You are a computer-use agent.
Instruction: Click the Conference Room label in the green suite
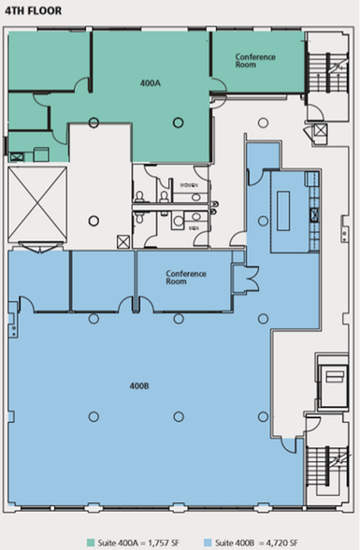[x=254, y=62]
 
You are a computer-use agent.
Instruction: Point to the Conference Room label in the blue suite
[x=185, y=278]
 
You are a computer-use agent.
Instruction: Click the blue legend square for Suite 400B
[x=209, y=540]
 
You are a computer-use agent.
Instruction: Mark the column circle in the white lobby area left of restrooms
[x=94, y=221]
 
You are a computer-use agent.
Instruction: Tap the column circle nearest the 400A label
[x=177, y=120]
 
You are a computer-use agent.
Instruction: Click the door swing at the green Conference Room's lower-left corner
[x=217, y=86]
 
